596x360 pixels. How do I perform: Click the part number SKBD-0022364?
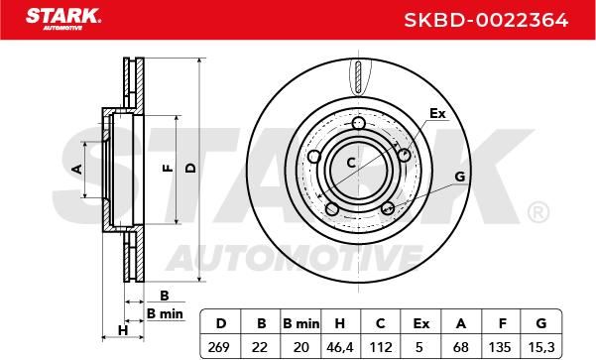click(486, 20)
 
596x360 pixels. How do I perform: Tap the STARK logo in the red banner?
click(63, 19)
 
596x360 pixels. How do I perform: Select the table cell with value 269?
click(219, 347)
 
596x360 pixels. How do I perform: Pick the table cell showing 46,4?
click(340, 347)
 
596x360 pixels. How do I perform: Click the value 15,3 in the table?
click(541, 347)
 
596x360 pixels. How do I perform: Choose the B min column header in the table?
click(301, 323)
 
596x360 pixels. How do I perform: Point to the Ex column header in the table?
click(420, 323)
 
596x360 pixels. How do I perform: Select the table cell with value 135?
click(500, 347)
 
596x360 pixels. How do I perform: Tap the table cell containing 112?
click(381, 347)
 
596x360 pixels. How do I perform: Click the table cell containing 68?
click(461, 347)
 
